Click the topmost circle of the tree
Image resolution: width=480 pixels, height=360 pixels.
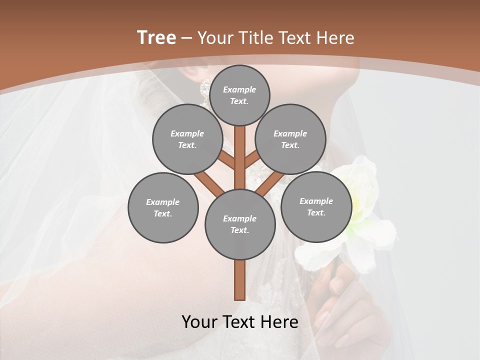(239, 95)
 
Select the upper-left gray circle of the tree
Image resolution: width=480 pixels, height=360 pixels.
(187, 139)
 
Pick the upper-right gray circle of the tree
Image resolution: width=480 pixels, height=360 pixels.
(290, 139)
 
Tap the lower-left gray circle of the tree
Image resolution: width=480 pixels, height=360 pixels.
(163, 207)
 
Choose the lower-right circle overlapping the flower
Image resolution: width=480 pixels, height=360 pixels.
(316, 206)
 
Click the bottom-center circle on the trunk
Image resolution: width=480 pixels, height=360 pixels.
(240, 224)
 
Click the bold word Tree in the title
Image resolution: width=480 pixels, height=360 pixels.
(156, 37)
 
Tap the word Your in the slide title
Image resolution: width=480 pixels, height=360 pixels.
(215, 38)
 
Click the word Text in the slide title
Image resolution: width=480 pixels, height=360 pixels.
(295, 38)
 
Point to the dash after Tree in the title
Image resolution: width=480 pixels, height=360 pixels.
(186, 38)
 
